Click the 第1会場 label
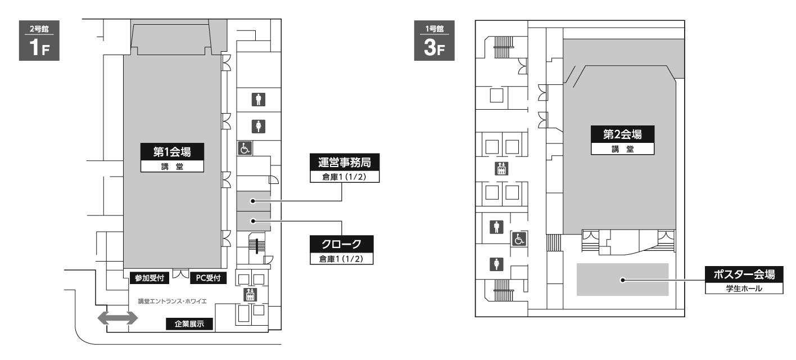coord(172,157)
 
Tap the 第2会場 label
coord(622,140)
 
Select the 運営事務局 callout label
coord(345,168)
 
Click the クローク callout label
coord(341,250)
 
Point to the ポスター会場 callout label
coord(744,280)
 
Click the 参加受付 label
coord(150,278)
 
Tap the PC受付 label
coord(208,278)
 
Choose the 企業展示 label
coord(189,323)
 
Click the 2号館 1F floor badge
coord(39,40)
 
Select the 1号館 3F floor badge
coord(434,40)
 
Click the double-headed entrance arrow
coord(117,318)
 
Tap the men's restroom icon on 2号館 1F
coord(259,99)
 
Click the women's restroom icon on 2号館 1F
coord(259,127)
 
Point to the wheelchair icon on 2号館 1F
coord(245,148)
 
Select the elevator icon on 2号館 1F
coord(250,295)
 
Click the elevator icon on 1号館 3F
coord(501,169)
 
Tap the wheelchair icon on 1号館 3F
coord(519,239)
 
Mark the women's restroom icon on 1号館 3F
coord(496,264)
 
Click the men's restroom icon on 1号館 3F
coord(496,227)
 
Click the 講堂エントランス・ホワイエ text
coord(173,301)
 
